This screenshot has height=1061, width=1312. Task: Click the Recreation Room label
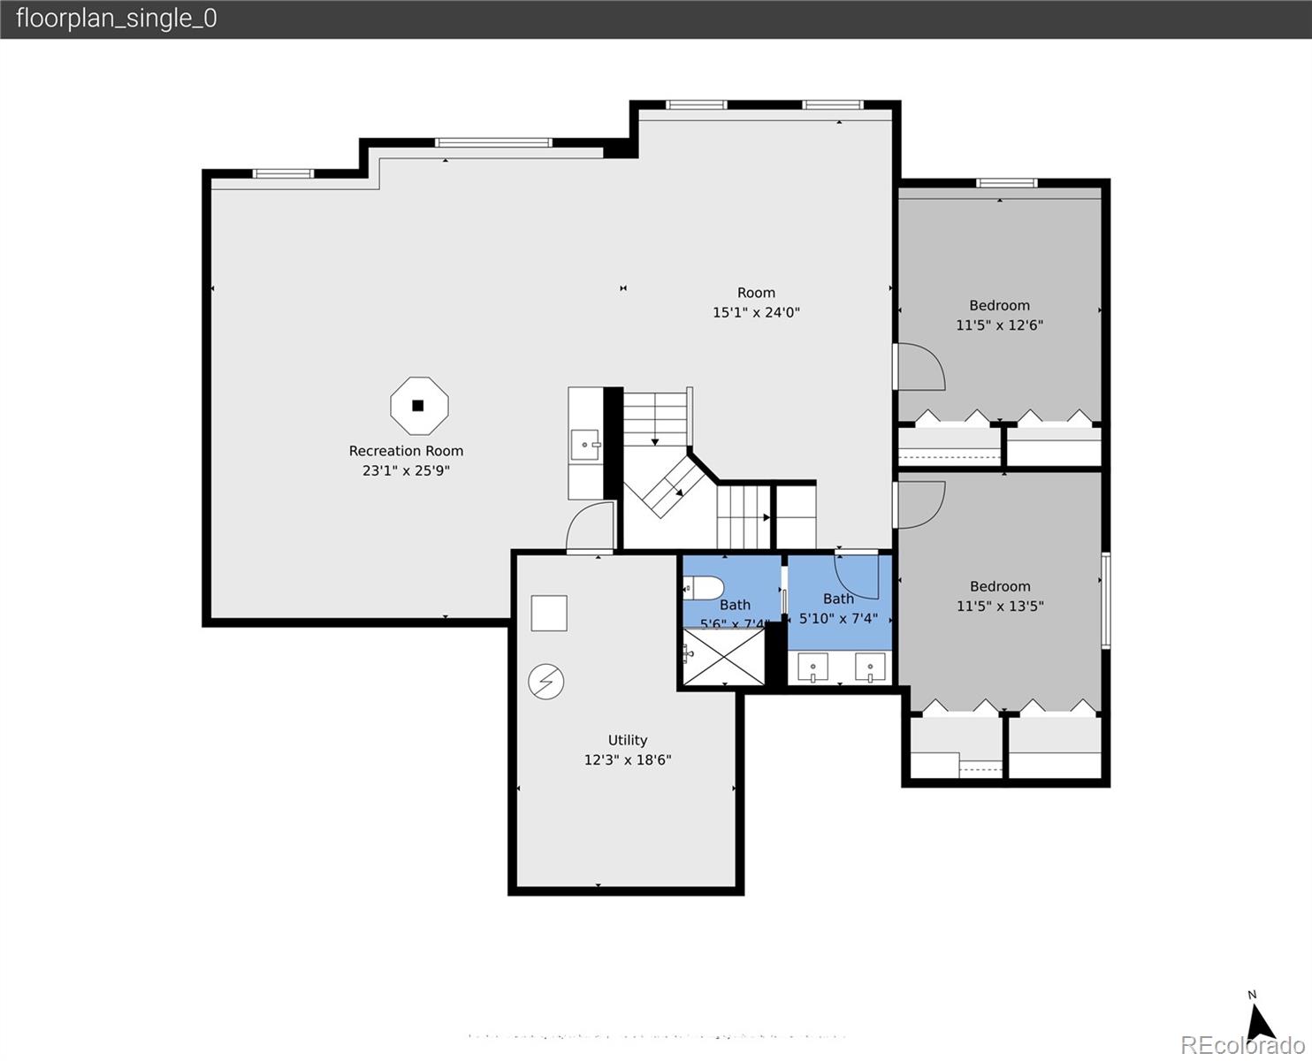406,451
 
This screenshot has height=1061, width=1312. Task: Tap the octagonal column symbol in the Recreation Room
419,406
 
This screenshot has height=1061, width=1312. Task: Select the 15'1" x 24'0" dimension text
756,312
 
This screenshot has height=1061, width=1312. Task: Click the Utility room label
627,740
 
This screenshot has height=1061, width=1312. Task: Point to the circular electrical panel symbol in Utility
546,682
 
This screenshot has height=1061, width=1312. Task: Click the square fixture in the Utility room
548,614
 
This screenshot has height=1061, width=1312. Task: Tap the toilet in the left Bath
705,587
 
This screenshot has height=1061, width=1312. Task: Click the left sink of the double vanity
812,667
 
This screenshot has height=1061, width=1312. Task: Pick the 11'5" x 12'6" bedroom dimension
999,325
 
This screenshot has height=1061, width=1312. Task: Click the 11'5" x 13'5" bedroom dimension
999,607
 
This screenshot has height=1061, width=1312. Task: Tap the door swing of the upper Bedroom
921,367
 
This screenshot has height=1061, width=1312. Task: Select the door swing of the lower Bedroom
921,504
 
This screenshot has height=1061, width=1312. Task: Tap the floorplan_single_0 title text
116,19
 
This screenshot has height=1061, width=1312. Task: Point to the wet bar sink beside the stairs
584,444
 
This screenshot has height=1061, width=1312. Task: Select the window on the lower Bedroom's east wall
1105,600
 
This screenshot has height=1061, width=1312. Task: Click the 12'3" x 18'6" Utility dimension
627,760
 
